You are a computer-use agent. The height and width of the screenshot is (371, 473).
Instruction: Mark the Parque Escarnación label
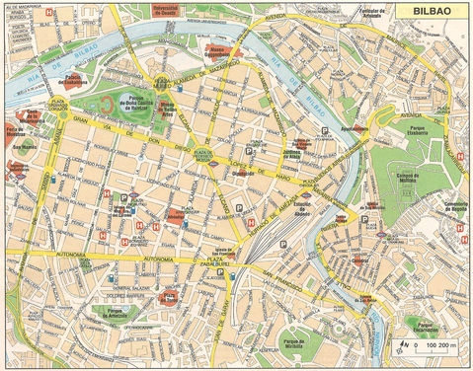pyautogui.click(x=432, y=325)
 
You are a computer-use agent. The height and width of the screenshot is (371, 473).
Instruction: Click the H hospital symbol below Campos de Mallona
pyautogui.click(x=460, y=226)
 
